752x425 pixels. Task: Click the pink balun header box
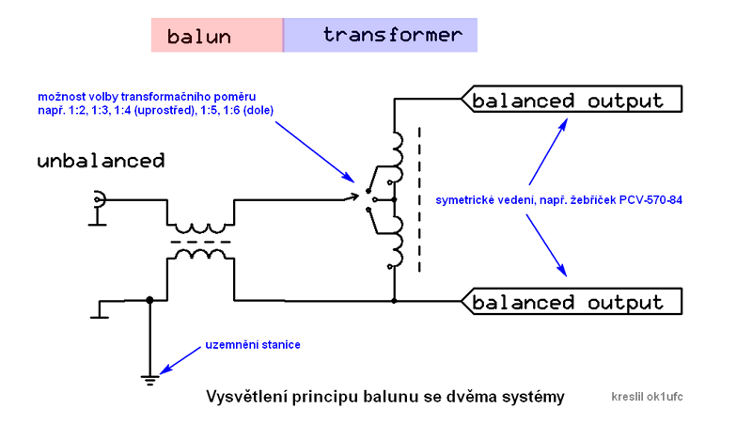tap(216, 36)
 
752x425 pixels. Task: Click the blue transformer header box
tap(381, 36)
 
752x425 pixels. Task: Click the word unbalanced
tap(101, 161)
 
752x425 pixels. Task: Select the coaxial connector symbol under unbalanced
tap(98, 200)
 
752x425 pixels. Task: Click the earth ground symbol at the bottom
tap(149, 379)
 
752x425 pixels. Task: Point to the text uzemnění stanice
tap(253, 346)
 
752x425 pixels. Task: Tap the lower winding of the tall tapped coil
tap(398, 241)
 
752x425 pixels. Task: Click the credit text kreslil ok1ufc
tap(647, 397)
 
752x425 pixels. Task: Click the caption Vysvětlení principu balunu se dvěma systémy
tap(385, 397)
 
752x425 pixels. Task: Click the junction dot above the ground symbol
tap(149, 301)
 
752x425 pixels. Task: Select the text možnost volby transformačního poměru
tap(146, 97)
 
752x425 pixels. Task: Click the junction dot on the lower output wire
tap(394, 301)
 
